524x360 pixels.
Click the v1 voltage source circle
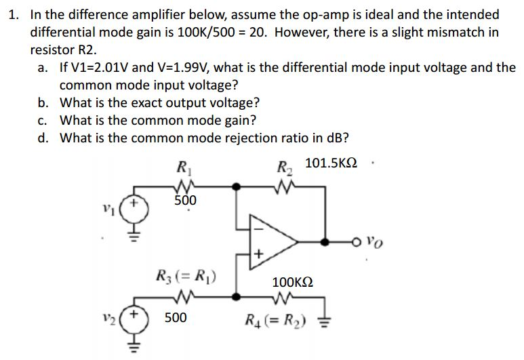(x=134, y=206)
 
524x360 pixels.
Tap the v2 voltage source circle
(x=134, y=319)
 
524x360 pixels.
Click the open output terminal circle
(x=356, y=241)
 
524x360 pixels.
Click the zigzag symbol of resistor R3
(x=184, y=296)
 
